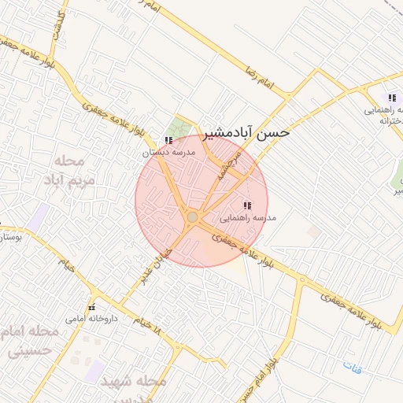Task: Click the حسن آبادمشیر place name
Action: click(x=247, y=132)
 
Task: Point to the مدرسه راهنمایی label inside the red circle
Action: click(x=249, y=218)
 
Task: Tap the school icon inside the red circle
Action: click(x=247, y=205)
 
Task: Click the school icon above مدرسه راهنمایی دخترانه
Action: click(x=392, y=98)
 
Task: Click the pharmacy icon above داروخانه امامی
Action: click(x=92, y=307)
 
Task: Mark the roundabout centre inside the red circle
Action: click(x=193, y=216)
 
